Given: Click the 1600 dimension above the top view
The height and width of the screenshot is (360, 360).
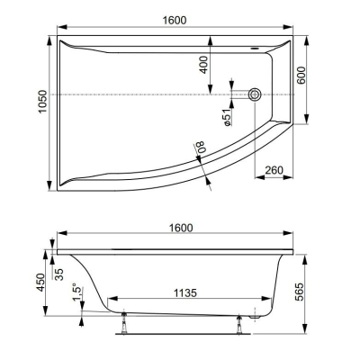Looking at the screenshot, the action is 175,20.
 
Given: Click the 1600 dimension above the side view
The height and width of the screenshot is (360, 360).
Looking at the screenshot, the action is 181,228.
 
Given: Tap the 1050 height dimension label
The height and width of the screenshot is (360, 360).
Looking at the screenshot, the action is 43,102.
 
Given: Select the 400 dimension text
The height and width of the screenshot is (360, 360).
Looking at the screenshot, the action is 203,65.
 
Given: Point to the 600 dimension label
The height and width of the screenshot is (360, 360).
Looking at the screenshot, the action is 301,76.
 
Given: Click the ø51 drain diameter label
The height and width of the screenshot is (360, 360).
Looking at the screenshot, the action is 227,117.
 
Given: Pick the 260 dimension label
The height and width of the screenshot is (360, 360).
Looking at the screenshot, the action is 274,170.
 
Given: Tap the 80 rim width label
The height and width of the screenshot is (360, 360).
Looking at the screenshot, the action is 200,147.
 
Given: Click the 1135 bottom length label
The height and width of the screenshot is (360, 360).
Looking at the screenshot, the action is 185,292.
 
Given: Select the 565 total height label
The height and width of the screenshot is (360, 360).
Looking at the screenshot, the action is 299,292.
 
